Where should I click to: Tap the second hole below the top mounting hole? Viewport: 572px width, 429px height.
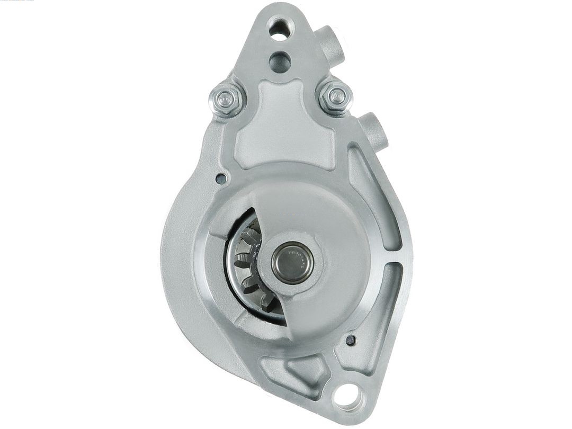[x=280, y=62]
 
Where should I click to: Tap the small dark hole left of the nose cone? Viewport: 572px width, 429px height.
[x=222, y=178]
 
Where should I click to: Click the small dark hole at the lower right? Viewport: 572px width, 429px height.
[x=350, y=340]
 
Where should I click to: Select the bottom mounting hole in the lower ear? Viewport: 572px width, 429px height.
[x=348, y=395]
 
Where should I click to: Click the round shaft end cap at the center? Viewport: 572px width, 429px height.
[x=292, y=263]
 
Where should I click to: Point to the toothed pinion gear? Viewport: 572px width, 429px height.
[x=249, y=265]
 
